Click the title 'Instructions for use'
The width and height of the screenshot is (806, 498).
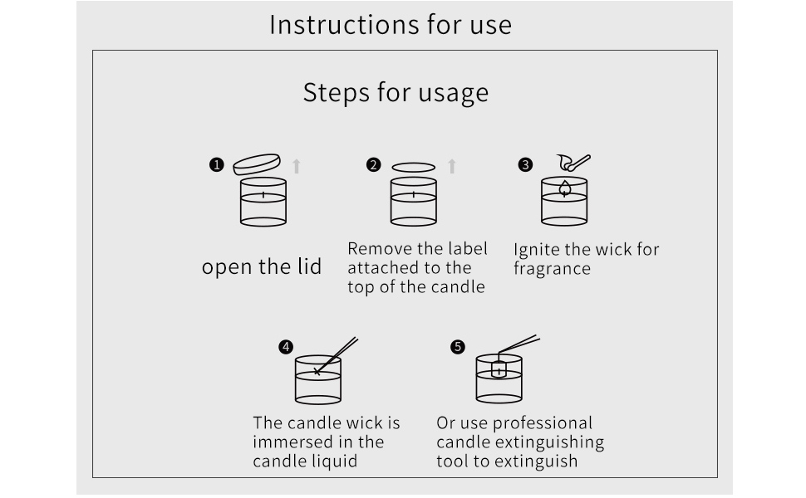tap(391, 24)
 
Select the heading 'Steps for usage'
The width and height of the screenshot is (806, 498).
tap(396, 91)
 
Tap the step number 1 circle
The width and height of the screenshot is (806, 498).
tap(217, 165)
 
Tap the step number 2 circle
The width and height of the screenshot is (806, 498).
tap(373, 165)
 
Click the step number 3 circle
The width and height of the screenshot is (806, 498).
tap(525, 165)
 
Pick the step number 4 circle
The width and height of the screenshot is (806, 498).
tap(286, 347)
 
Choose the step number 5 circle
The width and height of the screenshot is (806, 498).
tap(458, 347)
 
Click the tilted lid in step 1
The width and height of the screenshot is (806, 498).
tap(257, 164)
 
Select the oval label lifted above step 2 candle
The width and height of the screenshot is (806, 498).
tap(413, 167)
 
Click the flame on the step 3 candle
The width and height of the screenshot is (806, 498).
tap(564, 188)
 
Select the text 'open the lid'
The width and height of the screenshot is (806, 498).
tap(262, 267)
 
